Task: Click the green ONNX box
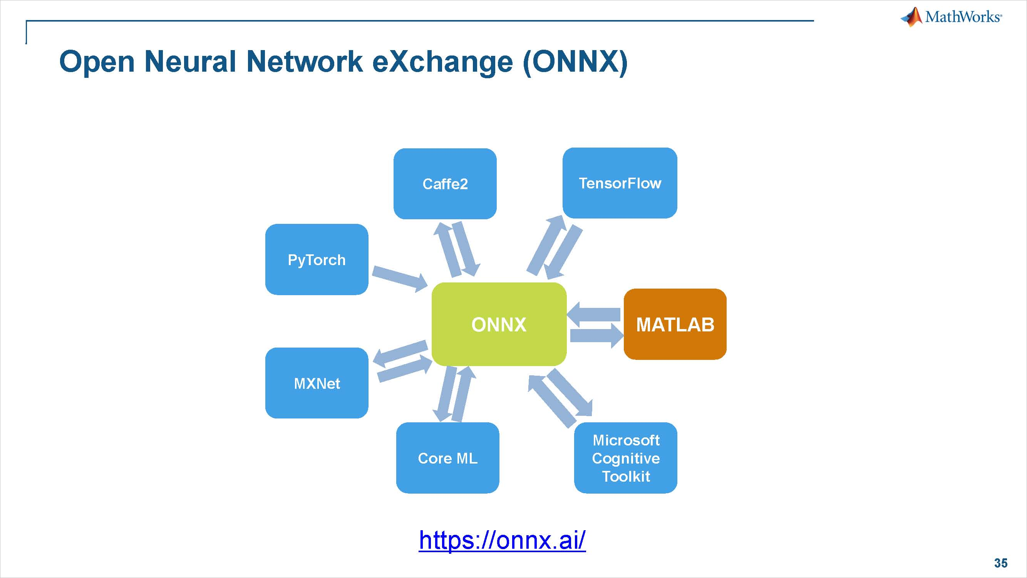pyautogui.click(x=499, y=324)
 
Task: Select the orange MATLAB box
pyautogui.click(x=675, y=324)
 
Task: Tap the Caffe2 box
pyautogui.click(x=445, y=184)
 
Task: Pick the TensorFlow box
pyautogui.click(x=620, y=183)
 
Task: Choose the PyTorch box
pyautogui.click(x=317, y=260)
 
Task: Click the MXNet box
pyautogui.click(x=317, y=383)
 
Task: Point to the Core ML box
pyautogui.click(x=447, y=458)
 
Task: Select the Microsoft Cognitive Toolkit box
pyautogui.click(x=625, y=458)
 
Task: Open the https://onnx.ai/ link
pyautogui.click(x=502, y=540)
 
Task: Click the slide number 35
pyautogui.click(x=1001, y=563)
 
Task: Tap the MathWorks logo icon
pyautogui.click(x=912, y=17)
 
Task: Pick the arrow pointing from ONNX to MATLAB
pyautogui.click(x=596, y=336)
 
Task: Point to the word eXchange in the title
pyautogui.click(x=442, y=62)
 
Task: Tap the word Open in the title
pyautogui.click(x=97, y=62)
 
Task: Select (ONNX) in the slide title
pyautogui.click(x=575, y=62)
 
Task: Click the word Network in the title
pyautogui.click(x=305, y=62)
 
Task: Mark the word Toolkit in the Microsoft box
pyautogui.click(x=626, y=476)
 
